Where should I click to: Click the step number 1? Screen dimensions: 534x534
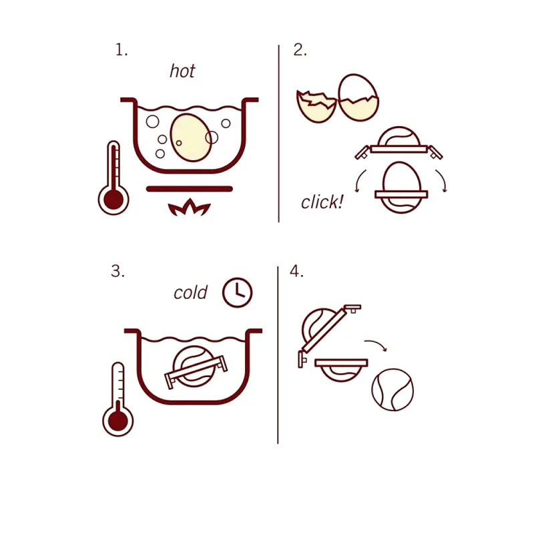click(x=120, y=50)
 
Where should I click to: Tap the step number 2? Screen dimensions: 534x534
click(x=300, y=50)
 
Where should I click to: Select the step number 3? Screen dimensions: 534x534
click(x=117, y=272)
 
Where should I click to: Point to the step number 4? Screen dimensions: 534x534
click(x=296, y=272)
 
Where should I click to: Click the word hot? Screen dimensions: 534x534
click(x=182, y=71)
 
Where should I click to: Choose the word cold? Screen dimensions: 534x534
click(x=190, y=292)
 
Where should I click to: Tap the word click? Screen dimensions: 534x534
click(x=322, y=202)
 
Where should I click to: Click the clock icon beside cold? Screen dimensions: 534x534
click(x=237, y=292)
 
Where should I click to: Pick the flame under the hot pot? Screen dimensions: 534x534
click(x=190, y=209)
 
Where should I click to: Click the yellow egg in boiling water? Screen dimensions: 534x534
click(x=190, y=138)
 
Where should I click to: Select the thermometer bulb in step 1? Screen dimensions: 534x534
click(x=113, y=199)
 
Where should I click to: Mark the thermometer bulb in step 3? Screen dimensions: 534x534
click(x=117, y=421)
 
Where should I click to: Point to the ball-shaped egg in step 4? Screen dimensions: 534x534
click(x=392, y=390)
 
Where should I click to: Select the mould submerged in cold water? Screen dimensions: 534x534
click(x=195, y=368)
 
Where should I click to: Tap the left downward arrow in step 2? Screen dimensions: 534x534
click(x=359, y=182)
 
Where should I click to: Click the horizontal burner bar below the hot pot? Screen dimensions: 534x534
click(x=190, y=189)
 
